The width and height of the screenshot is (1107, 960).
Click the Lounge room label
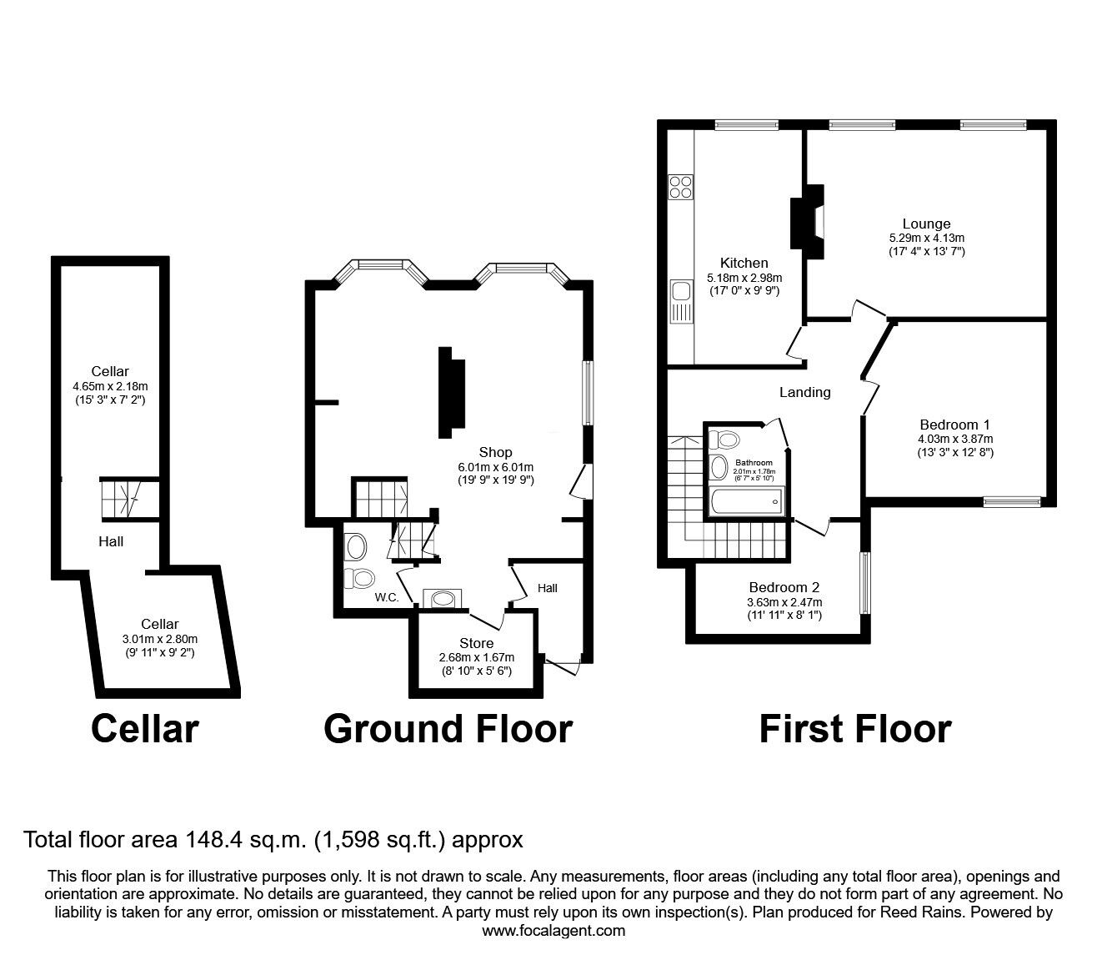[x=926, y=224]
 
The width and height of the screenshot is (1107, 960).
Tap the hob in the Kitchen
[x=680, y=187]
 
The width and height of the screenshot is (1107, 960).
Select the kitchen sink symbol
[x=680, y=301]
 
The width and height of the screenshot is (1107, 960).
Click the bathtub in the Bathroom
[x=746, y=501]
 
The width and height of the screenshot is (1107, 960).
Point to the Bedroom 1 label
[x=955, y=424]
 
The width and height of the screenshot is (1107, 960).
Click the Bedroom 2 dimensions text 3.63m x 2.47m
[x=784, y=602]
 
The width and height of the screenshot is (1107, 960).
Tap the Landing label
[x=804, y=392]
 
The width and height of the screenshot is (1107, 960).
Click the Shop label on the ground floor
[x=495, y=453]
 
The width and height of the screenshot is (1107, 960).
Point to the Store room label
[x=476, y=643]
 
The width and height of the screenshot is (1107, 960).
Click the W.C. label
[x=387, y=597]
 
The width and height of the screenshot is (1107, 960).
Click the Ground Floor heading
[x=448, y=728]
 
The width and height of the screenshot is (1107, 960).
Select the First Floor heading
[x=854, y=728]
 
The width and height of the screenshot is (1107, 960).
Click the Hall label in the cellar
[x=111, y=541]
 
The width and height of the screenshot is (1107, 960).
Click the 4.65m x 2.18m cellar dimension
[x=111, y=386]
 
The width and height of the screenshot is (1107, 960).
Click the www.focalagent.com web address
[x=553, y=931]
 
